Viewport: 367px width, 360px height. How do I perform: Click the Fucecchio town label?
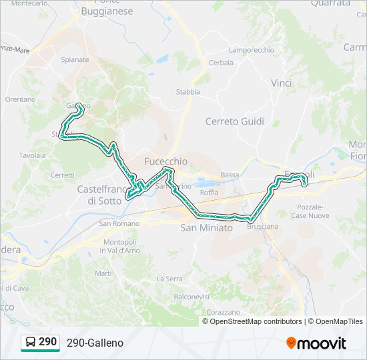(166, 161)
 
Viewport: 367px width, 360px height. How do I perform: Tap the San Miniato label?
(206, 228)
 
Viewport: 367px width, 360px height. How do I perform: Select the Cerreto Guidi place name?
(234, 121)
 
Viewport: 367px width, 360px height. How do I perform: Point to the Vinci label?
(281, 83)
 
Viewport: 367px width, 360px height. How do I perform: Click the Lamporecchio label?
(251, 50)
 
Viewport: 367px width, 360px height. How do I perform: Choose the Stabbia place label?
(188, 92)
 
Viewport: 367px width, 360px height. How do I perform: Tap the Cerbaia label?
(221, 63)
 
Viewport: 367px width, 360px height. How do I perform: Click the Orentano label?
(20, 99)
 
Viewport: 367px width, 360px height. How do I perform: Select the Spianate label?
(75, 59)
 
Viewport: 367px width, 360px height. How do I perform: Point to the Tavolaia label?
(32, 155)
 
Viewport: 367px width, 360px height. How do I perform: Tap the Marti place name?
(103, 273)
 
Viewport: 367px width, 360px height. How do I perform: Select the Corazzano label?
(224, 311)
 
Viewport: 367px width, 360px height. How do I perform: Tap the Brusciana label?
(262, 227)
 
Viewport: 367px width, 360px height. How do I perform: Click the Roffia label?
(209, 193)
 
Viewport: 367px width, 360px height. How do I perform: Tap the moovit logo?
(316, 343)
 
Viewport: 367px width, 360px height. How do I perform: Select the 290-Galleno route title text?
(95, 343)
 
